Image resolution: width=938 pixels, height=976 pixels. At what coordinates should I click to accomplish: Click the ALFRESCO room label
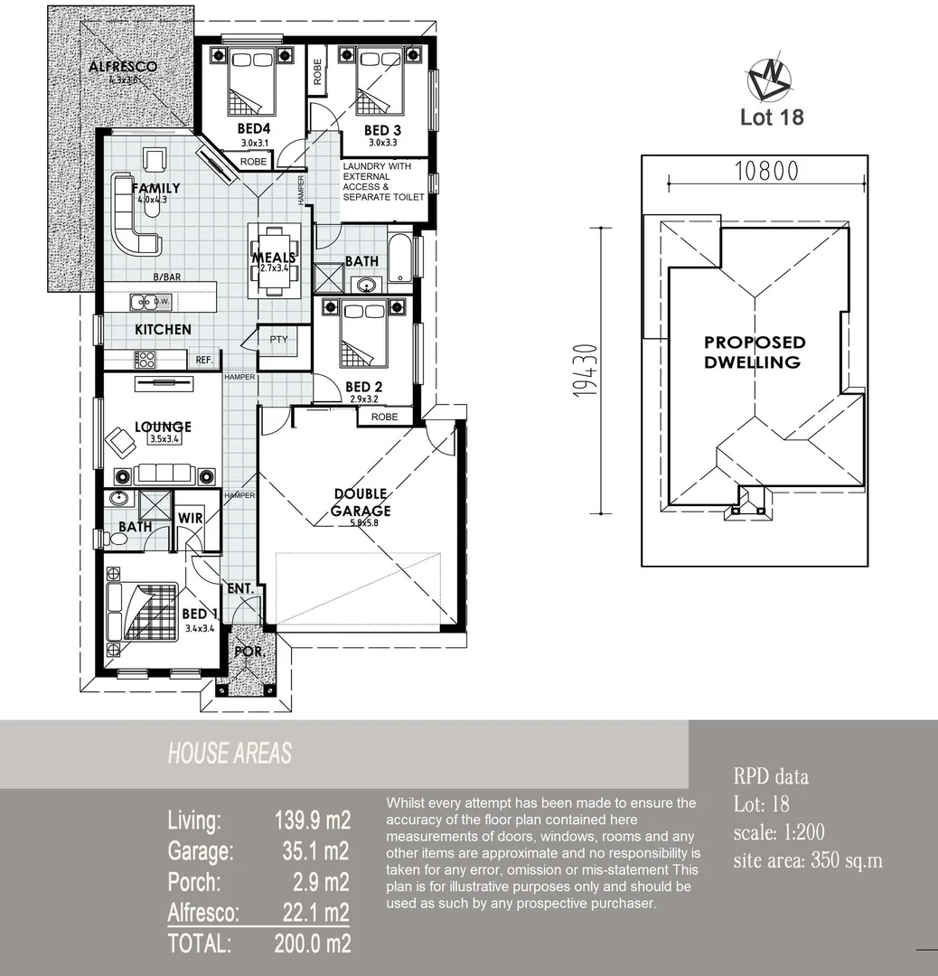tap(123, 67)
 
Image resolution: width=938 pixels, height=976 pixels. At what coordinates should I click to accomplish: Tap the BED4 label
tap(254, 129)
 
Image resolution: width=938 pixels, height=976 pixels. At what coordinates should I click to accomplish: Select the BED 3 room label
tap(382, 130)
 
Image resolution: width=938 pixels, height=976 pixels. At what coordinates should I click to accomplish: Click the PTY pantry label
tap(278, 340)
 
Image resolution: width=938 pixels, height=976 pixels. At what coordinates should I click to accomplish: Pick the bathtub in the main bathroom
tap(399, 256)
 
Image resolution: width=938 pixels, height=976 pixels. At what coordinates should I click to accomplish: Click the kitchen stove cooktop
tap(145, 359)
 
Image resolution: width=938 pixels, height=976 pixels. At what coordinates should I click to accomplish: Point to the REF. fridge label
tap(204, 360)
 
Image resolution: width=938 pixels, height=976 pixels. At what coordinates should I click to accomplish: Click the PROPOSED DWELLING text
tap(754, 352)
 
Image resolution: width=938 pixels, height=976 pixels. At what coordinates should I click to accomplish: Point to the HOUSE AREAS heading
tap(230, 754)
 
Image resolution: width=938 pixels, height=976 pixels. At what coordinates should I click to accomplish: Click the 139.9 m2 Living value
tap(312, 821)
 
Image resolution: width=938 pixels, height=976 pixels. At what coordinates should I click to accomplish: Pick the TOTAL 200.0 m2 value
tap(312, 943)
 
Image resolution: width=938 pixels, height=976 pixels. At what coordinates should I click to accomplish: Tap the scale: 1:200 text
tap(779, 832)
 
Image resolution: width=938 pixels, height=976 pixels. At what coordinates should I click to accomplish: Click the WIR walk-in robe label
tap(191, 518)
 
